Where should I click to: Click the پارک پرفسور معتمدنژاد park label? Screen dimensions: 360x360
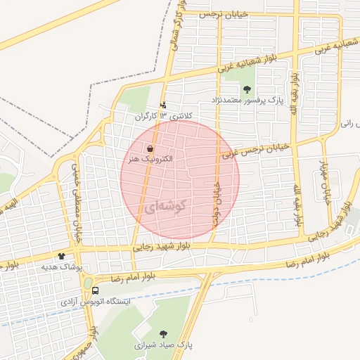click(x=245, y=101)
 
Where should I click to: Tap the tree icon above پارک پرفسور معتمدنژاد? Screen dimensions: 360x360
click(x=247, y=89)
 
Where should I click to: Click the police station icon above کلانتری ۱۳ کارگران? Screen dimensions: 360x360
click(x=164, y=105)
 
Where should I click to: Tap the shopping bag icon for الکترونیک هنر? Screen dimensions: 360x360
click(x=150, y=149)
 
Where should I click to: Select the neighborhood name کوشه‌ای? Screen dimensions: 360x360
click(x=169, y=207)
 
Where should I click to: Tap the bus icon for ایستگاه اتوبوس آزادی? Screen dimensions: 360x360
click(x=95, y=290)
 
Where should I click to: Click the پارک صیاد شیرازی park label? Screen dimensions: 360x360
click(x=165, y=346)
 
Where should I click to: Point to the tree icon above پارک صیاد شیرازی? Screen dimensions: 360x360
click(x=164, y=334)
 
